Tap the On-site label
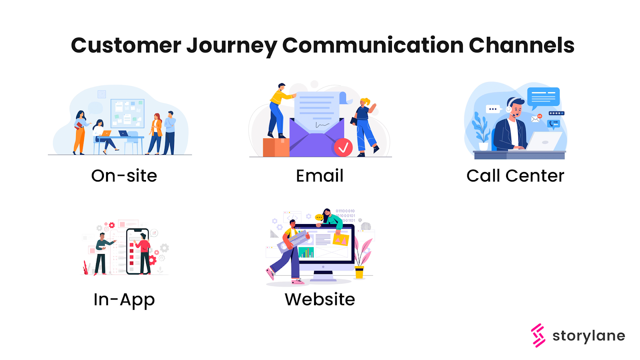(x=124, y=176)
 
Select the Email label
(x=320, y=176)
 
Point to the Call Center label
(x=515, y=176)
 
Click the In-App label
(x=124, y=300)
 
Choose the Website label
(x=320, y=299)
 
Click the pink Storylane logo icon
(x=538, y=335)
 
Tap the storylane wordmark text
(x=588, y=336)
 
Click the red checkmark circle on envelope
(x=343, y=148)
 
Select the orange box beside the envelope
(x=276, y=147)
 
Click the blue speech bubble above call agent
(x=543, y=97)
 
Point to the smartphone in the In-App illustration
(x=137, y=251)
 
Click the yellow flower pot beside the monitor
(x=359, y=272)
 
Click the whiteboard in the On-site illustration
(x=127, y=113)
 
